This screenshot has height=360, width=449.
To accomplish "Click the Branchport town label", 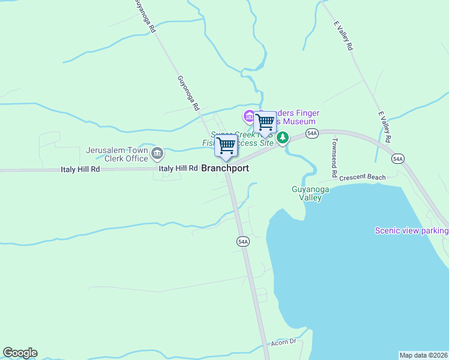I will [225, 169].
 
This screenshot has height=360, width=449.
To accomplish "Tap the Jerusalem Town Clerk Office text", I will [117, 154].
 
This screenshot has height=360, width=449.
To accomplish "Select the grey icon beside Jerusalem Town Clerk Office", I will [157, 154].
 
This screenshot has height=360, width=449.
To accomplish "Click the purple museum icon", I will [248, 115].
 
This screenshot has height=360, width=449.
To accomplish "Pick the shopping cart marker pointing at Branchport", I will [226, 146].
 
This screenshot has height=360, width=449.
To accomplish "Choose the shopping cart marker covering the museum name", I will [265, 122].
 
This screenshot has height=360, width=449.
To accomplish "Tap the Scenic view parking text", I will [411, 230].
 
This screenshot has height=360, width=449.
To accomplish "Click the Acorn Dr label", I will [284, 341].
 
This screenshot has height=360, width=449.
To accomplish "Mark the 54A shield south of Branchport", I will [243, 241].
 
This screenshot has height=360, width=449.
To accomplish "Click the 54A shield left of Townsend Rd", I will [312, 133].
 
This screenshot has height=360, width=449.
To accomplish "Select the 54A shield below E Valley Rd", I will [397, 158].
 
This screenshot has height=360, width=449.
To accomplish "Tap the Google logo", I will [20, 353].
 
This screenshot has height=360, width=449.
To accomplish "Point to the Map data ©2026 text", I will [424, 355].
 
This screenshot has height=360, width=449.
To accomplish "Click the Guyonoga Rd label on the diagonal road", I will [187, 93].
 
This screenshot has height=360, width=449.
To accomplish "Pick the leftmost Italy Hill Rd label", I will [80, 170].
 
